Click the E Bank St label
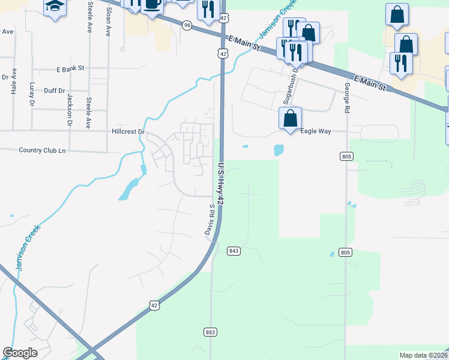pos(71,69)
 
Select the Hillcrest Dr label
pos(128,131)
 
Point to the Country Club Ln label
pos(42,150)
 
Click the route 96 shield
pos(187,25)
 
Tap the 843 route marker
pos(234,251)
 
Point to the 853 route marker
pos(209,332)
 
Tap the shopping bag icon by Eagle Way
pos(291,118)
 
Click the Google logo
pos(20,353)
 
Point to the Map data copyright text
pos(423,355)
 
